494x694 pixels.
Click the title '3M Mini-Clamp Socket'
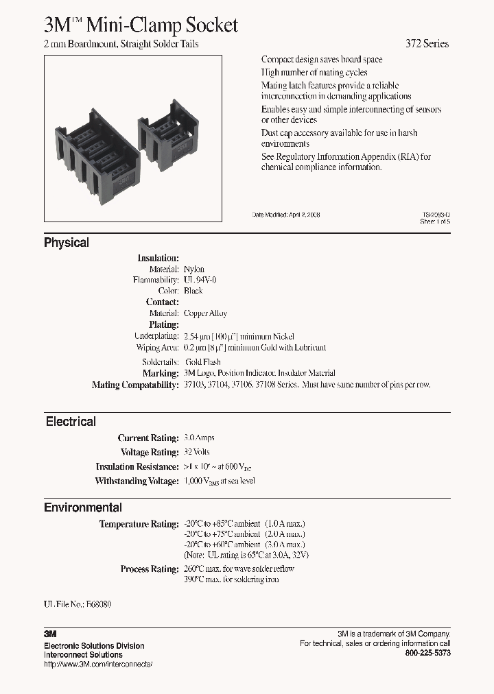(x=141, y=25)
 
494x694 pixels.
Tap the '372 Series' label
(x=425, y=44)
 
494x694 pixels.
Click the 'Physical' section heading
(x=67, y=243)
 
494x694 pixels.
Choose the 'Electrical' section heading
(x=71, y=422)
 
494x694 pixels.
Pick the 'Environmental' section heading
(x=83, y=507)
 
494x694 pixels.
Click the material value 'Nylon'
(x=194, y=270)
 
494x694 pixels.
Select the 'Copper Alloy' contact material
(x=206, y=313)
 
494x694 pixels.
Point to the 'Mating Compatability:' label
(x=134, y=385)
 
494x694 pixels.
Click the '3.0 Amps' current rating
(x=200, y=438)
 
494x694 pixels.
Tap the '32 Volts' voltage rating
(x=197, y=452)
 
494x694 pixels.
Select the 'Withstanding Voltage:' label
(x=137, y=481)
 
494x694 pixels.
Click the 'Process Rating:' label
(x=149, y=569)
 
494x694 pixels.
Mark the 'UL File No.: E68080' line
(x=78, y=604)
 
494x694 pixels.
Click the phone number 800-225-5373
(x=428, y=654)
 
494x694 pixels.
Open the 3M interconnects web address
(x=97, y=664)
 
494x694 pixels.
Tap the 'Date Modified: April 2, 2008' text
(x=287, y=215)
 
